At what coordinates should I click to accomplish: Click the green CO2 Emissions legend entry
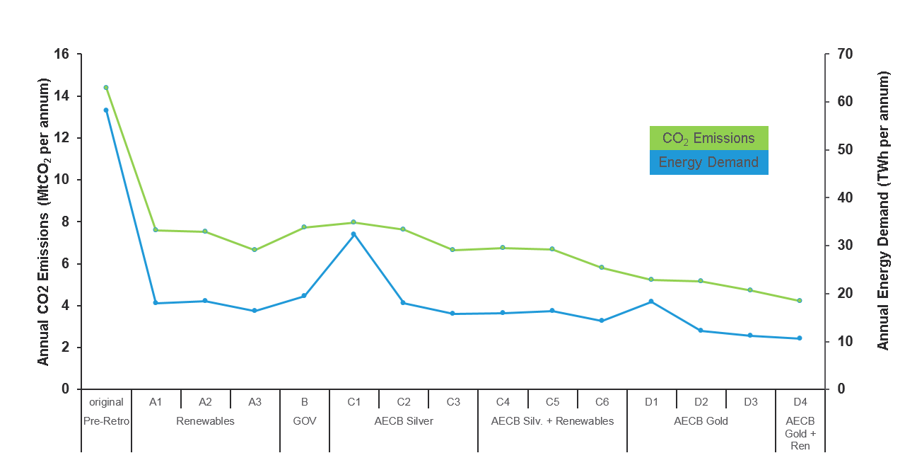click(708, 138)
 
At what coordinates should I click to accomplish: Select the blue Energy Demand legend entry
click(708, 162)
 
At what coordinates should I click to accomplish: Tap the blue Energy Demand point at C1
click(354, 234)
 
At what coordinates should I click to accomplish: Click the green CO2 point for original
click(106, 88)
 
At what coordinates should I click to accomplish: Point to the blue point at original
click(106, 110)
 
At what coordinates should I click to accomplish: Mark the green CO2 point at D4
click(800, 301)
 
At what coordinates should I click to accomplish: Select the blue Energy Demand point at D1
click(651, 302)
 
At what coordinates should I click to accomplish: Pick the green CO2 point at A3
click(255, 250)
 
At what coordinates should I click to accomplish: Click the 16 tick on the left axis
click(62, 55)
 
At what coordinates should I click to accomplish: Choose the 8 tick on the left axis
click(66, 222)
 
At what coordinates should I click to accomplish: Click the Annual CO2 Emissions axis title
click(44, 222)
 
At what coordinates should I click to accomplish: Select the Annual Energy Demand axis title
click(883, 210)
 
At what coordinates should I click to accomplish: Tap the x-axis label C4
click(503, 402)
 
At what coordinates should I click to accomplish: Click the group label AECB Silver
click(403, 421)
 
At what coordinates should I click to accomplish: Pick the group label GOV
click(304, 421)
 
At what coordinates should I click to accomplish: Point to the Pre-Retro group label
click(106, 421)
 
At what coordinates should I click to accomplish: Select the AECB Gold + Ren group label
click(800, 433)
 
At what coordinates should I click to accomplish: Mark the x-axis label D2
click(701, 402)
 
